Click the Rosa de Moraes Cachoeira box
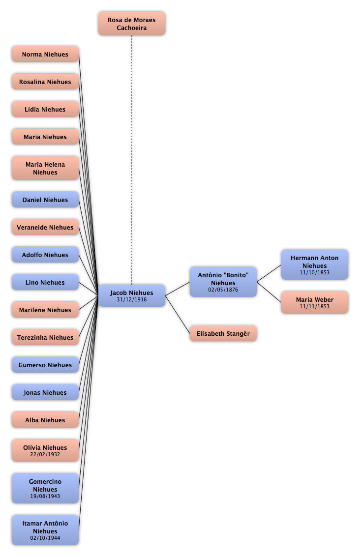click(131, 24)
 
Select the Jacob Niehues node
click(131, 295)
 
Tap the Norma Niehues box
click(45, 54)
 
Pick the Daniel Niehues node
click(45, 200)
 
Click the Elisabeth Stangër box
click(223, 333)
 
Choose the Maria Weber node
click(315, 302)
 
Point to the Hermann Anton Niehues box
click(315, 264)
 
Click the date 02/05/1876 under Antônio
click(223, 290)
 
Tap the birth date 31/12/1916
click(131, 299)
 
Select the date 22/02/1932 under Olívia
click(45, 454)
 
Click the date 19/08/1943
click(45, 496)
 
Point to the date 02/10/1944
click(45, 538)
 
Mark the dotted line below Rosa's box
click(132, 160)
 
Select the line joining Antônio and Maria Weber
click(269, 292)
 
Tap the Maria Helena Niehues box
click(45, 168)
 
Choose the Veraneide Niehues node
click(45, 227)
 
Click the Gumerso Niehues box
click(45, 365)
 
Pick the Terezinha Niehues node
click(45, 337)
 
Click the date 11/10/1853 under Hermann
click(315, 272)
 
